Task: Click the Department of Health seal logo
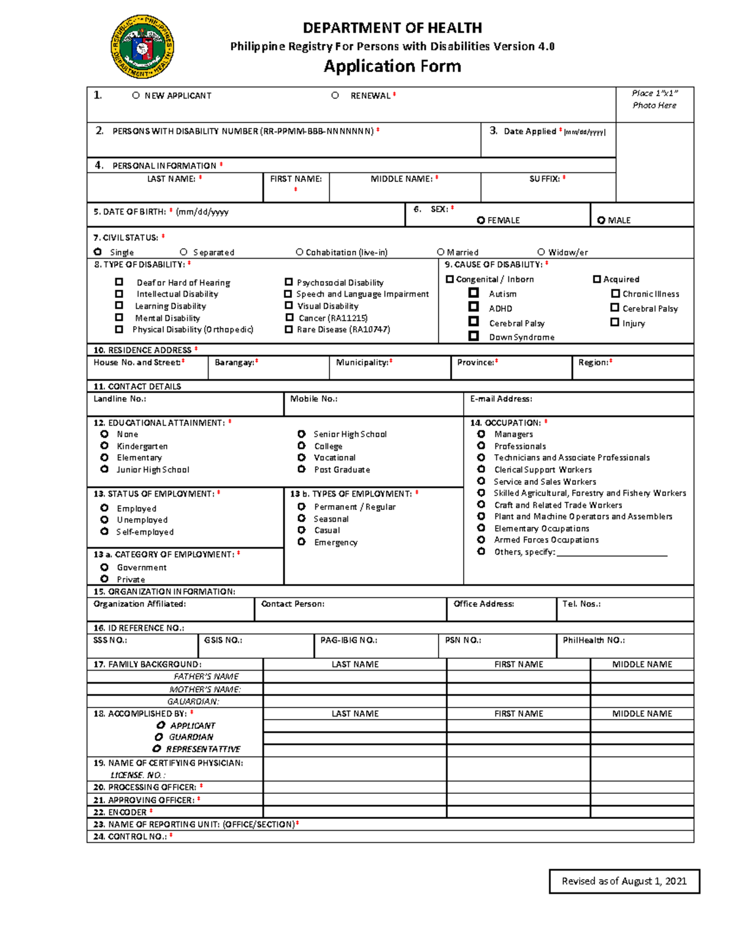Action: pyautogui.click(x=142, y=47)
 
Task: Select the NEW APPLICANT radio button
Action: pyautogui.click(x=136, y=96)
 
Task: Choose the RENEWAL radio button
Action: pyautogui.click(x=335, y=96)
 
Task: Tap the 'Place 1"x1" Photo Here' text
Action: pyautogui.click(x=654, y=99)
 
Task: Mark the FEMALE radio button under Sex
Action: pyautogui.click(x=481, y=220)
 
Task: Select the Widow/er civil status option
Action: pyautogui.click(x=541, y=252)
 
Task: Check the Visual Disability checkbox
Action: pyautogui.click(x=289, y=305)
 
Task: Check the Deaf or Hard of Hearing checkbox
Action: pyautogui.click(x=119, y=282)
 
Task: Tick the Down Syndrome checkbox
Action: pyautogui.click(x=473, y=336)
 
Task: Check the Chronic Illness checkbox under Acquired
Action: pyautogui.click(x=615, y=294)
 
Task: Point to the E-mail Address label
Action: pyautogui.click(x=501, y=398)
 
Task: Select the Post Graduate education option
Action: pyautogui.click(x=301, y=469)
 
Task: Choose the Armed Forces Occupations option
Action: pyautogui.click(x=481, y=539)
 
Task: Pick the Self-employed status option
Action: pyautogui.click(x=104, y=531)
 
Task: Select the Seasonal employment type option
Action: pyautogui.click(x=301, y=519)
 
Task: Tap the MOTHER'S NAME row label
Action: pyautogui.click(x=205, y=689)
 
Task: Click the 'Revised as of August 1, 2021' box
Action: pyautogui.click(x=624, y=881)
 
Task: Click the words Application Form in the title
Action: pyautogui.click(x=392, y=66)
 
